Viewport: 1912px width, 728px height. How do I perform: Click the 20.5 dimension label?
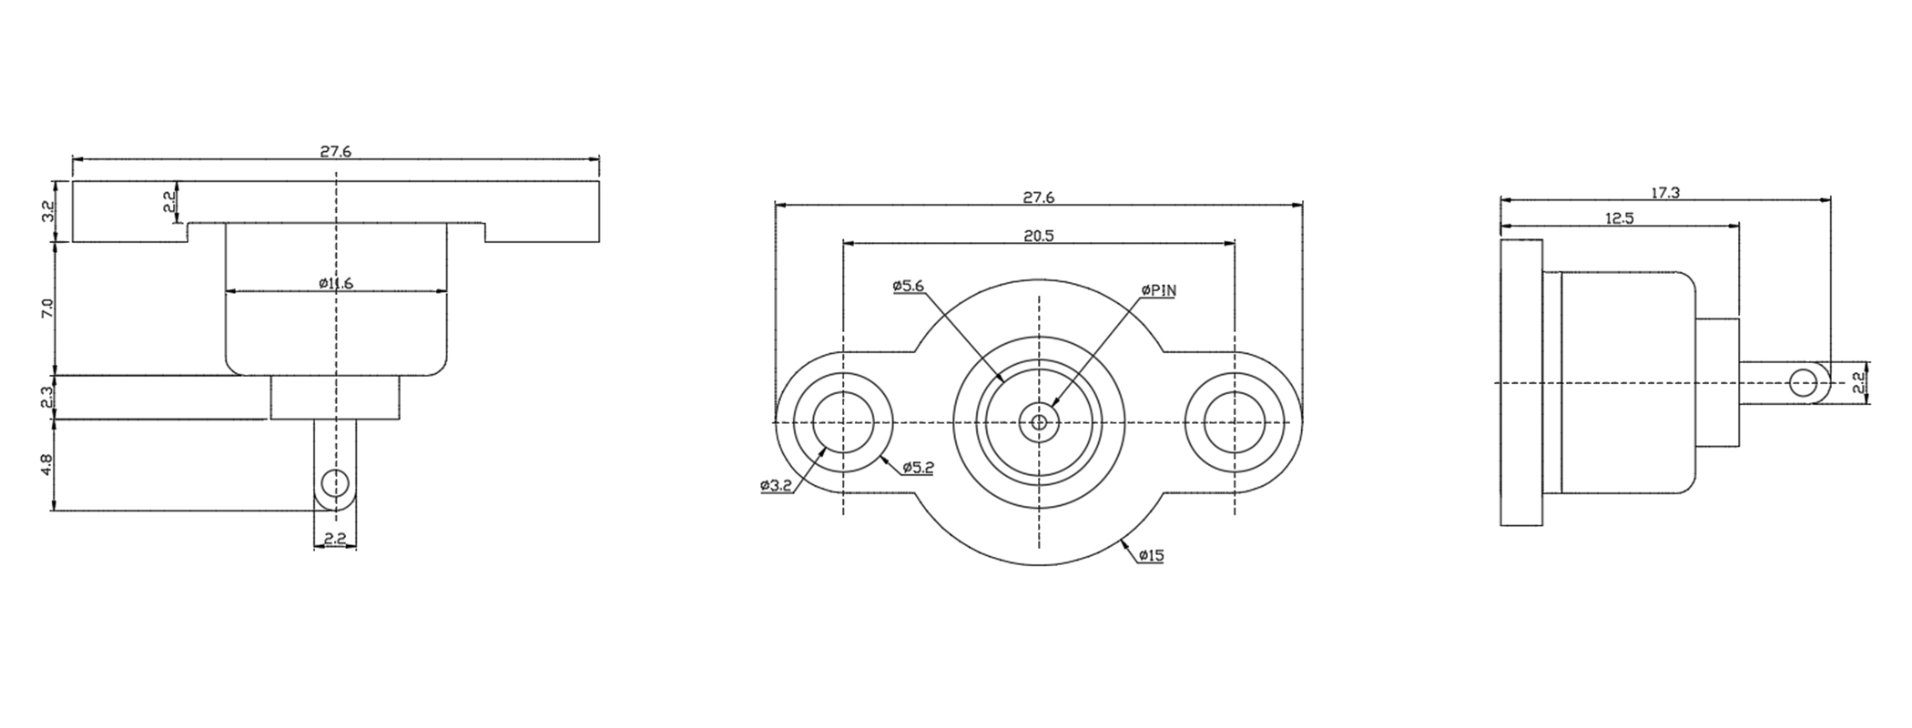pyautogui.click(x=1038, y=236)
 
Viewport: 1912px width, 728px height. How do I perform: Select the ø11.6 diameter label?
pyautogui.click(x=336, y=283)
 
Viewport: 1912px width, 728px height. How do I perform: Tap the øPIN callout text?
pyautogui.click(x=1158, y=290)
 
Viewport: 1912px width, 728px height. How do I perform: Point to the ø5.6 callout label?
pyautogui.click(x=908, y=286)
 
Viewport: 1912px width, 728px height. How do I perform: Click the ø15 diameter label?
pyautogui.click(x=1151, y=555)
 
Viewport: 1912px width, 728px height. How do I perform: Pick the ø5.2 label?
pyautogui.click(x=918, y=468)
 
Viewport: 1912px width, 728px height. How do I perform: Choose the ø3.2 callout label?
pyautogui.click(x=777, y=486)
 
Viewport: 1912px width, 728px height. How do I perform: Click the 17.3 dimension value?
pyautogui.click(x=1664, y=192)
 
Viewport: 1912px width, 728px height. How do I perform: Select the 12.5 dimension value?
pyautogui.click(x=1619, y=218)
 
